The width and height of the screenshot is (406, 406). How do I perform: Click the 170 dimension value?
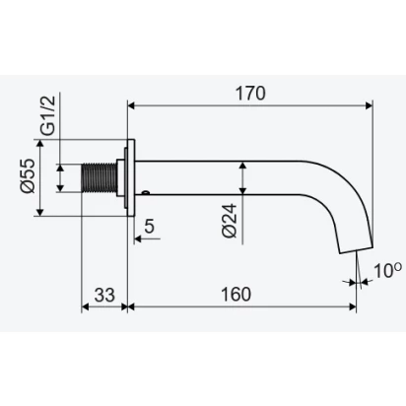click(x=250, y=94)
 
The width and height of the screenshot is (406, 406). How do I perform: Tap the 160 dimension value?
click(x=236, y=295)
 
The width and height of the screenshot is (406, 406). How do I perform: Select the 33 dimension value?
click(x=104, y=295)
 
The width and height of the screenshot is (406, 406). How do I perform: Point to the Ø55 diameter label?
click(x=28, y=175)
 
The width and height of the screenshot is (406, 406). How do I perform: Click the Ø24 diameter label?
click(x=230, y=221)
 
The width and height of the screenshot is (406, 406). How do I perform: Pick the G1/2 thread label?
click(x=48, y=115)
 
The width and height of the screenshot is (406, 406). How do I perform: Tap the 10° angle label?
click(x=387, y=271)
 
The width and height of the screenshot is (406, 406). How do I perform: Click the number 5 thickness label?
click(x=149, y=226)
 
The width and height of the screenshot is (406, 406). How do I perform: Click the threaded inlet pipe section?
click(x=99, y=177)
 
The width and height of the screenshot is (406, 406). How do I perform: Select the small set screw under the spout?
click(x=146, y=192)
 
